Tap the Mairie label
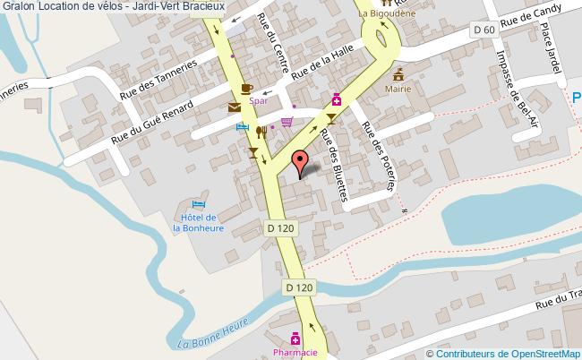(x=398, y=90)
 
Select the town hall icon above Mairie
(x=397, y=73)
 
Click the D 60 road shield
(x=484, y=30)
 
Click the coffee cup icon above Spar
(x=247, y=89)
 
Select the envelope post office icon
(x=235, y=107)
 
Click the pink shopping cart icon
(x=287, y=122)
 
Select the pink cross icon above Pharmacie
(x=295, y=339)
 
